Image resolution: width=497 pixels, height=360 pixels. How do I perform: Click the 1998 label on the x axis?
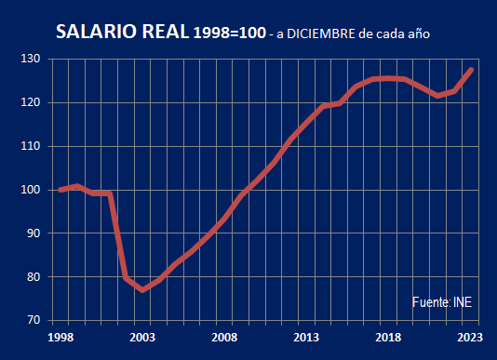(60, 338)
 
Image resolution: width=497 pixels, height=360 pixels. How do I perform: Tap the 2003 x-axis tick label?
(141, 338)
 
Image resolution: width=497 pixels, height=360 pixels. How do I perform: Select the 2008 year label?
(223, 338)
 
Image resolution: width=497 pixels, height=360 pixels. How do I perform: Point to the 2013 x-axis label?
(306, 338)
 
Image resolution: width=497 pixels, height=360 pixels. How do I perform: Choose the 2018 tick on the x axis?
(388, 338)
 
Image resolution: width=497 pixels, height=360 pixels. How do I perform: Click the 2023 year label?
(470, 338)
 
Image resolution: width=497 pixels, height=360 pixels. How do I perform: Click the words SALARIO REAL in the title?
(122, 33)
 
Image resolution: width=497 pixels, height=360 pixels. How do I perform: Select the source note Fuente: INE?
(443, 303)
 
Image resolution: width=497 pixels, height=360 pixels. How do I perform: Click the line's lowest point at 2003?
(142, 290)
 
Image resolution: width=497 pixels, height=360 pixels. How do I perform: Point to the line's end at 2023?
(472, 70)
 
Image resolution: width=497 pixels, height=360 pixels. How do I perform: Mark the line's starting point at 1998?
(60, 190)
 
